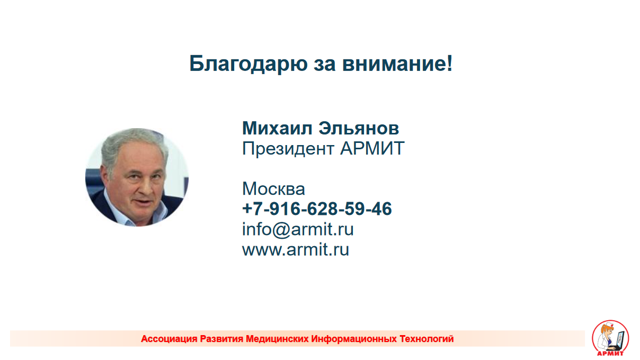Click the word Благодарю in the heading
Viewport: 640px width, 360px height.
(248, 64)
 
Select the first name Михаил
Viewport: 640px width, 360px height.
(277, 128)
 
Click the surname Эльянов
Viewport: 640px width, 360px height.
(359, 128)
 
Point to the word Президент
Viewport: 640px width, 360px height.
(288, 149)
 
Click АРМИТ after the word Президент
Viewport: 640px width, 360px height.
(372, 148)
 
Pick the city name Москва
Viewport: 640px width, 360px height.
(273, 188)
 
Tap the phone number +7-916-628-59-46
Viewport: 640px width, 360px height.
(317, 209)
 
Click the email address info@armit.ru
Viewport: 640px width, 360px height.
(298, 229)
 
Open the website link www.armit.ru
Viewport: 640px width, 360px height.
(296, 249)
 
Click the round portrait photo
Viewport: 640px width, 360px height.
(137, 177)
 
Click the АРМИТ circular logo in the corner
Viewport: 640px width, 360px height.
(610, 338)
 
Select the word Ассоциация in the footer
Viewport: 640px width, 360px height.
(169, 339)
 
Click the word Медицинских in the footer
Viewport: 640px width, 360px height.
(277, 339)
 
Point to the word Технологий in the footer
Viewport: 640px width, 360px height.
(426, 339)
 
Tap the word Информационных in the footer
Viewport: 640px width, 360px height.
(354, 339)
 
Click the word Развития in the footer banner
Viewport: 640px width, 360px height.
(221, 339)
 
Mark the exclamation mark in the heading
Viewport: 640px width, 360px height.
(450, 63)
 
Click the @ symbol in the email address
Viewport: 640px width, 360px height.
(281, 230)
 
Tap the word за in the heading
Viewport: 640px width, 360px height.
(325, 64)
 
